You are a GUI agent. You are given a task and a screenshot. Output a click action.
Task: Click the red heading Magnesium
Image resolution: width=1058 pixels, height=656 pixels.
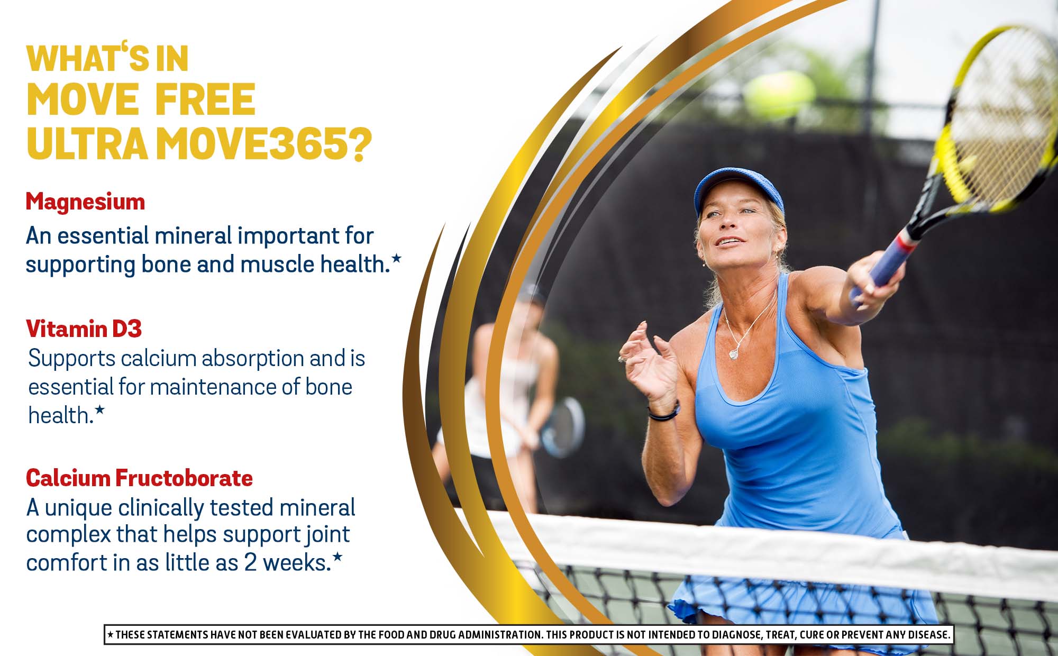(x=85, y=202)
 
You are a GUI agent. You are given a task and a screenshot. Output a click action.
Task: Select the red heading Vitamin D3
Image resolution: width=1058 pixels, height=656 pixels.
(x=84, y=329)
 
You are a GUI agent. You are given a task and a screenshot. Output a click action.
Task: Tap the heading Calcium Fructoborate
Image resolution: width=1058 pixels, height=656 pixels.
(x=140, y=478)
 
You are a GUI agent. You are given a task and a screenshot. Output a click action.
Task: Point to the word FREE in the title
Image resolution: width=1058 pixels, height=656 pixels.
(x=206, y=99)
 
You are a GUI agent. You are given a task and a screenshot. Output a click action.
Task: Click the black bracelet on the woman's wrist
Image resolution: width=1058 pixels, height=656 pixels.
(x=664, y=412)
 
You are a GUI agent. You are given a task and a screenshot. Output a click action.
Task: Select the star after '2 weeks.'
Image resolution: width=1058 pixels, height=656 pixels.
(x=338, y=557)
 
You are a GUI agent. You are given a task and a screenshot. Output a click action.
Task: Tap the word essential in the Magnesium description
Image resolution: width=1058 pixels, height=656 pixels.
(x=103, y=236)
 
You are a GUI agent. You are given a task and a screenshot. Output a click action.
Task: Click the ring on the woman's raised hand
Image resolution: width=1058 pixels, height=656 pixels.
(x=622, y=360)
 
